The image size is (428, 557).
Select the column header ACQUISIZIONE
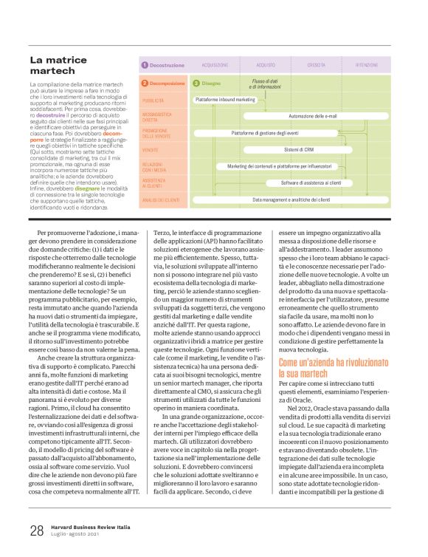[x=215, y=65]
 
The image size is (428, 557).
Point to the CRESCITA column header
[x=316, y=65]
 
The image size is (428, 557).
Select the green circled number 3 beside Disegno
[x=196, y=83]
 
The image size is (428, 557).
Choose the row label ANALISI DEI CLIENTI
[x=160, y=199]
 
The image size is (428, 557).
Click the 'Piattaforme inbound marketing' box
[x=225, y=99]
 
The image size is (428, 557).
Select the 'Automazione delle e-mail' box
[x=312, y=116]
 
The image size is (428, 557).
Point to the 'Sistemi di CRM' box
[x=298, y=150]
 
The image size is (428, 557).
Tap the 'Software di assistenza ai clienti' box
[x=310, y=182]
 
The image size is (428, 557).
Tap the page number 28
[x=37, y=530]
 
